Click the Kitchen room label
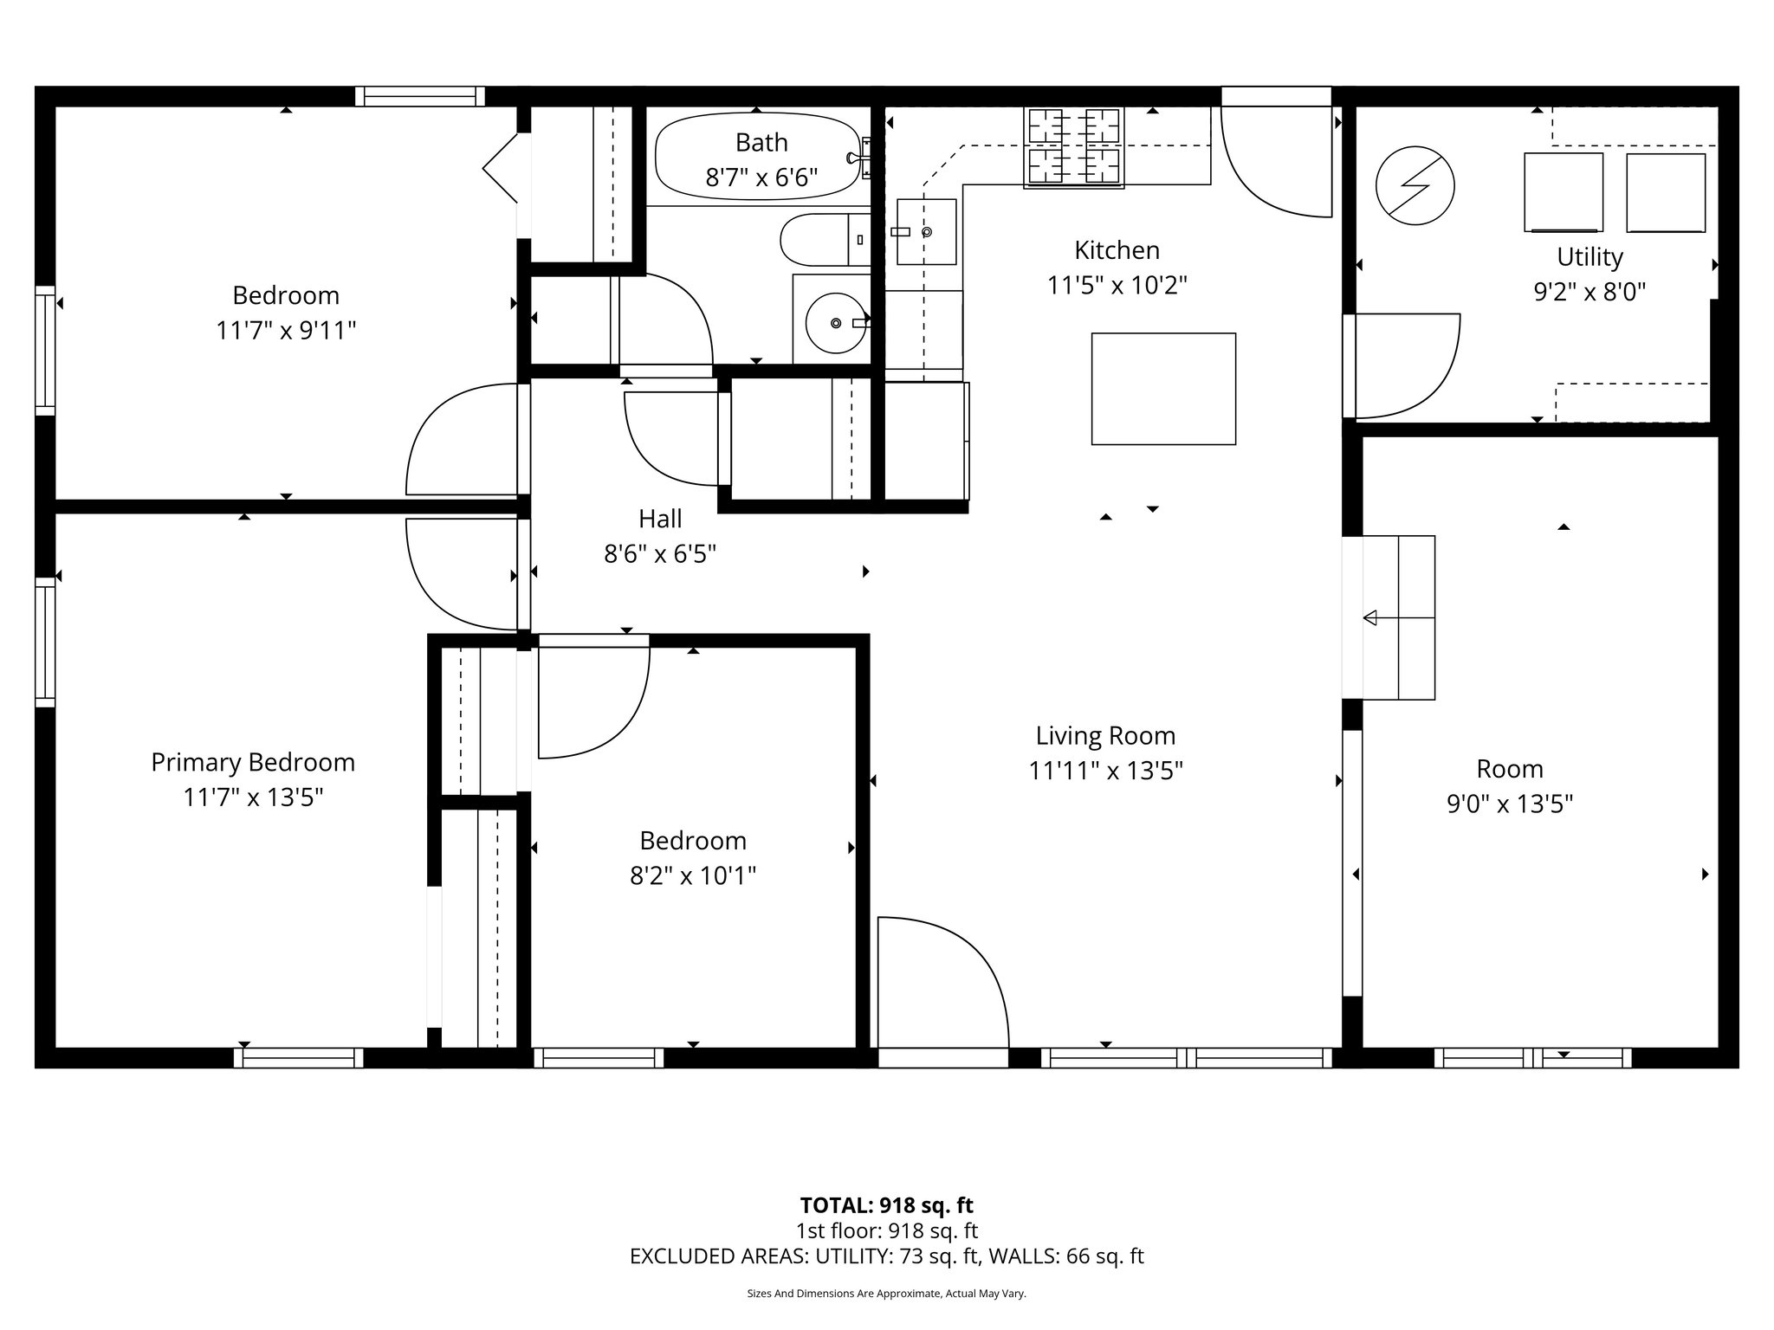1117,250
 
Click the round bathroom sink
835,323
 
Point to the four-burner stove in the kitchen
1073,147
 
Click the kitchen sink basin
926,231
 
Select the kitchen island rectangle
1162,389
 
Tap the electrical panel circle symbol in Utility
1415,185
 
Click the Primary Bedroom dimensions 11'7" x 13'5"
253,797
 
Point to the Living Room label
1105,736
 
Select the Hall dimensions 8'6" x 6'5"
660,554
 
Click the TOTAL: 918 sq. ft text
886,1205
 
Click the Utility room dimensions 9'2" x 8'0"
1589,292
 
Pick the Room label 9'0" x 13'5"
1509,804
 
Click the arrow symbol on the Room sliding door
1371,617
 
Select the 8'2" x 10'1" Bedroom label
693,876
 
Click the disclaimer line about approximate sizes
886,1294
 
